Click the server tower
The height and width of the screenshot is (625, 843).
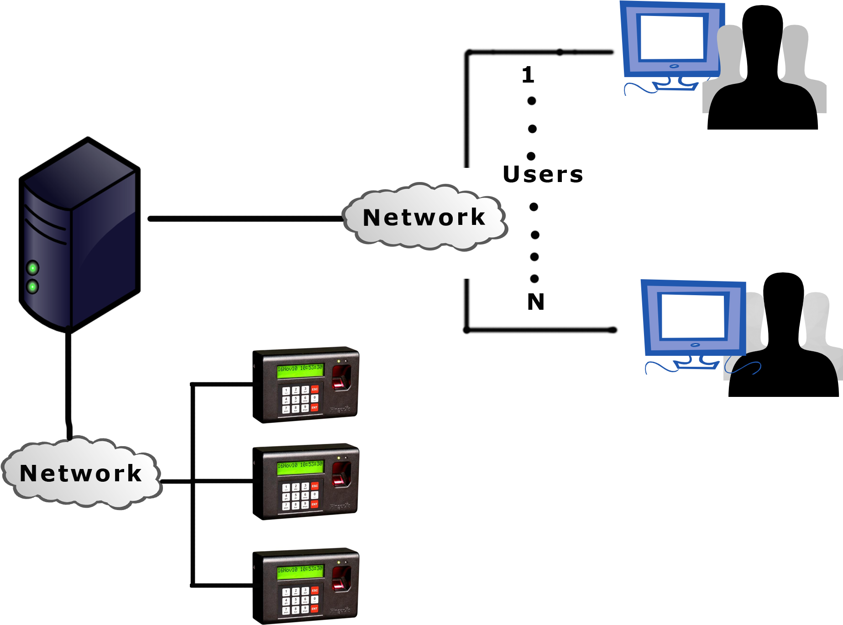(x=80, y=237)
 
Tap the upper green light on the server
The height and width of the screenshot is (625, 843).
(x=32, y=268)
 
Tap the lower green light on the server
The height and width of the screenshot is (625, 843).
(x=32, y=286)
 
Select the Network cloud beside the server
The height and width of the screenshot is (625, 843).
(x=424, y=217)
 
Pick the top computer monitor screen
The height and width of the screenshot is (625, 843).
(x=672, y=37)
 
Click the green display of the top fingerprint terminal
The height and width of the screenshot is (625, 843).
(x=300, y=371)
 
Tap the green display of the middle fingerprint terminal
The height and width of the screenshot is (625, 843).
(x=300, y=468)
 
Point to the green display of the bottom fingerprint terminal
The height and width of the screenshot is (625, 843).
(x=300, y=573)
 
